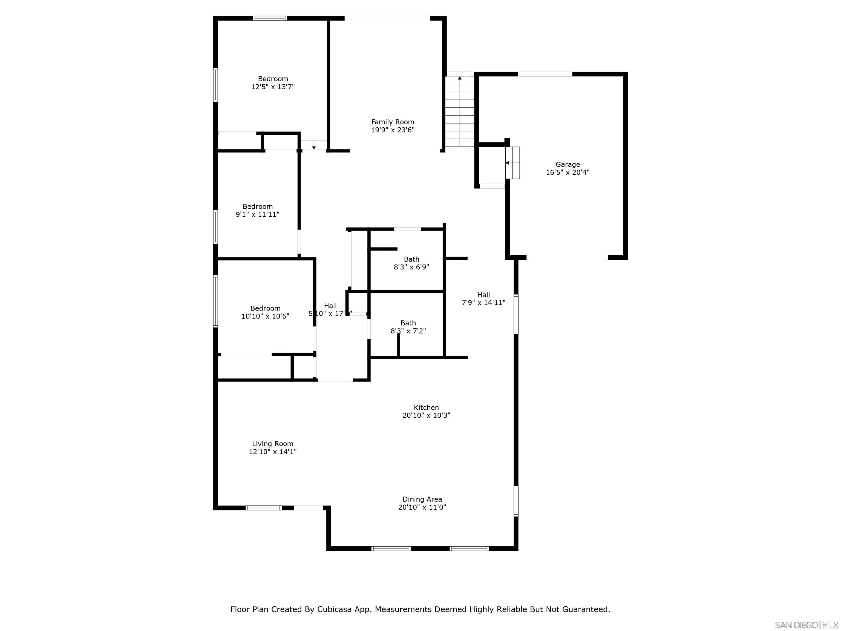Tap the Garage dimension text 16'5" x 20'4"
[x=567, y=172]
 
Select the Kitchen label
[x=426, y=407]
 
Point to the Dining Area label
[x=422, y=499]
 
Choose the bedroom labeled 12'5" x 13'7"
[x=273, y=82]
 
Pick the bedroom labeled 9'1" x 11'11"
[x=257, y=210]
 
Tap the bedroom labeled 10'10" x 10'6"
[x=265, y=312]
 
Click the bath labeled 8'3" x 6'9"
[x=411, y=263]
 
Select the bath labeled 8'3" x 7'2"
[x=408, y=327]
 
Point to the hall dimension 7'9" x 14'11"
[x=483, y=302]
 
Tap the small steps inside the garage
[x=512, y=162]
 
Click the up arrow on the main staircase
[x=460, y=78]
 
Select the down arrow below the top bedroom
[x=314, y=147]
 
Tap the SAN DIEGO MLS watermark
[x=806, y=625]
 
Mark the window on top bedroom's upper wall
[x=270, y=18]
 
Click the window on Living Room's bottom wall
[x=263, y=507]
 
